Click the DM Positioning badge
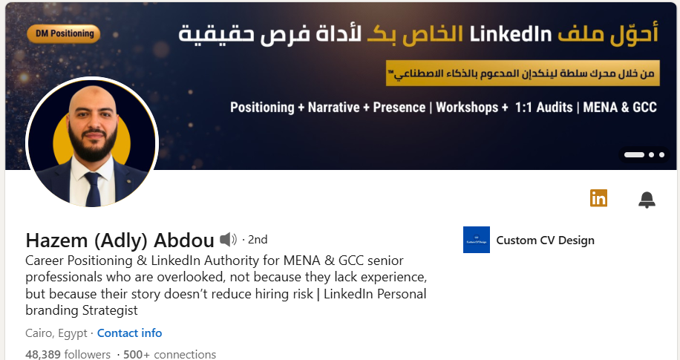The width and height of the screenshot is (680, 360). click(x=62, y=33)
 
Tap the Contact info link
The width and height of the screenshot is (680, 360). click(x=129, y=333)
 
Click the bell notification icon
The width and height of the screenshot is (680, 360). click(x=647, y=199)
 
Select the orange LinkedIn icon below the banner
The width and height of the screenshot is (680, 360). click(x=598, y=197)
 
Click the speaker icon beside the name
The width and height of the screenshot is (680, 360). click(x=228, y=239)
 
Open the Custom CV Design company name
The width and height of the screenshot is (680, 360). click(x=545, y=240)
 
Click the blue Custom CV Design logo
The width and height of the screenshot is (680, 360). click(x=476, y=240)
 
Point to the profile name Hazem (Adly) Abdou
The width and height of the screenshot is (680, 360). click(x=120, y=240)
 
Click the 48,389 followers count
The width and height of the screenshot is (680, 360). click(x=68, y=354)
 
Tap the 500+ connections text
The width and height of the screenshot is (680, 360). click(x=170, y=354)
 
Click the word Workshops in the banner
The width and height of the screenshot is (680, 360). click(x=467, y=107)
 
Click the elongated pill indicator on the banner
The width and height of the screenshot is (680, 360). click(x=634, y=155)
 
